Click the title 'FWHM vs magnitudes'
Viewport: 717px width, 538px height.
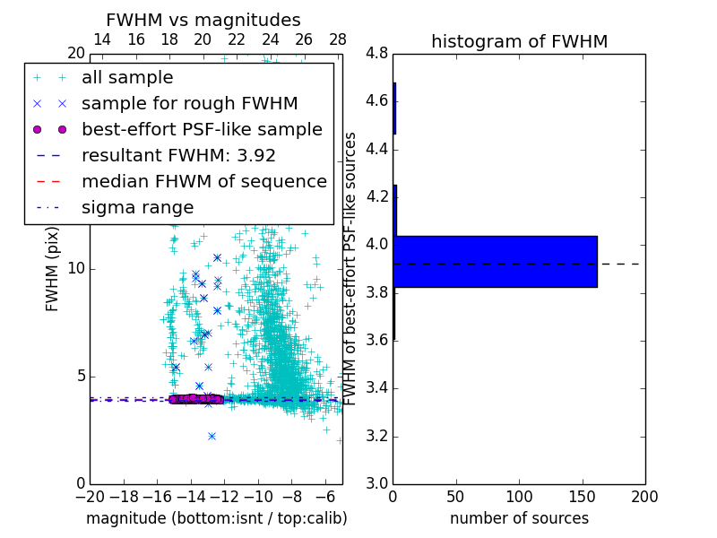tap(203, 20)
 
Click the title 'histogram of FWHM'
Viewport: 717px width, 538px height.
tap(519, 41)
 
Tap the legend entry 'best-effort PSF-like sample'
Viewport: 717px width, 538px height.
tap(202, 129)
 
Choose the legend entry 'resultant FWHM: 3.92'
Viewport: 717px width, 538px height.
tap(178, 155)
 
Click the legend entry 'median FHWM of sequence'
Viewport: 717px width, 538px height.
tap(203, 181)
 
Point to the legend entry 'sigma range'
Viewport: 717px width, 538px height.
tap(137, 207)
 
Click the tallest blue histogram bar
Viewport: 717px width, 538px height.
tap(495, 261)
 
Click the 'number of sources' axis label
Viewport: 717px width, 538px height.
tap(519, 518)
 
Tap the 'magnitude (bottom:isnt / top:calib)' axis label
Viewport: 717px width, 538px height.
tap(216, 518)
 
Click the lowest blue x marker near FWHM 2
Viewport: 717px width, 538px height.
tap(212, 436)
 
